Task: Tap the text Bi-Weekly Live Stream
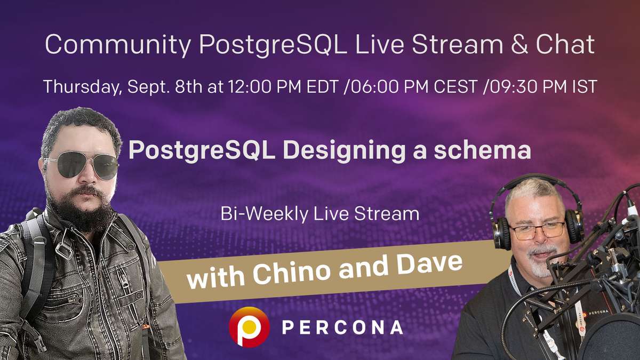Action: (319, 214)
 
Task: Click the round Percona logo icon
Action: (249, 326)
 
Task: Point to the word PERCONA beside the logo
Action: (342, 327)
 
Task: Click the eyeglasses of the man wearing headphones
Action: (537, 230)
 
